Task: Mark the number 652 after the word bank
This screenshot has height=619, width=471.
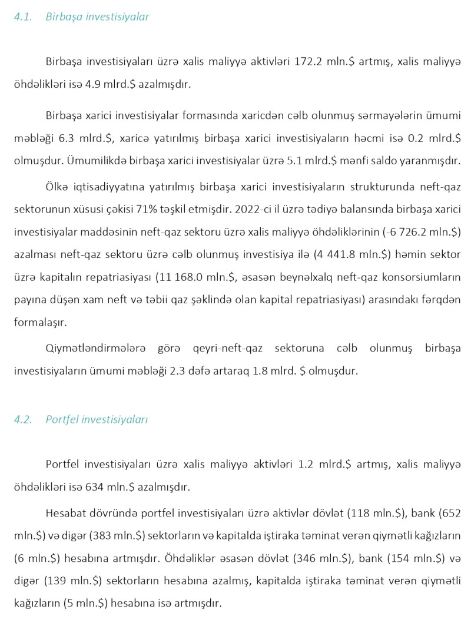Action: [452, 515]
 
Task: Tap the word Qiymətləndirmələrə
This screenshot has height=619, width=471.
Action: [95, 349]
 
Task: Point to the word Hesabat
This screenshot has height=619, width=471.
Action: [64, 515]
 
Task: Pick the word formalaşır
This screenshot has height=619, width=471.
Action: [37, 322]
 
